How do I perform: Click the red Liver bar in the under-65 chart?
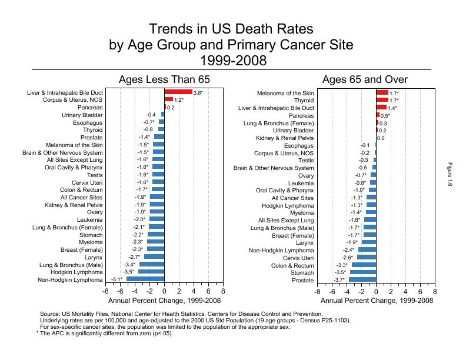178,92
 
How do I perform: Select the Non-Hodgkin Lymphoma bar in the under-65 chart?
145,279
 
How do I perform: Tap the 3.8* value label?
198,93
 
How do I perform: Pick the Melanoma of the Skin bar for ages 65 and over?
382,93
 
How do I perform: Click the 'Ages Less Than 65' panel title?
164,80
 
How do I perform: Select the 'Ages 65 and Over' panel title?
365,80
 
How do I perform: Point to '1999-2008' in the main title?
233,60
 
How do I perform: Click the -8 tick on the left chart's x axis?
106,291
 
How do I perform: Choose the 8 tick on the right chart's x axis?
435,291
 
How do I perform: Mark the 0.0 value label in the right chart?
381,138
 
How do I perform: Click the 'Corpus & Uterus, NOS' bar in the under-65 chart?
168,100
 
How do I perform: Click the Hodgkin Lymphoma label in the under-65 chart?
78,272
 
